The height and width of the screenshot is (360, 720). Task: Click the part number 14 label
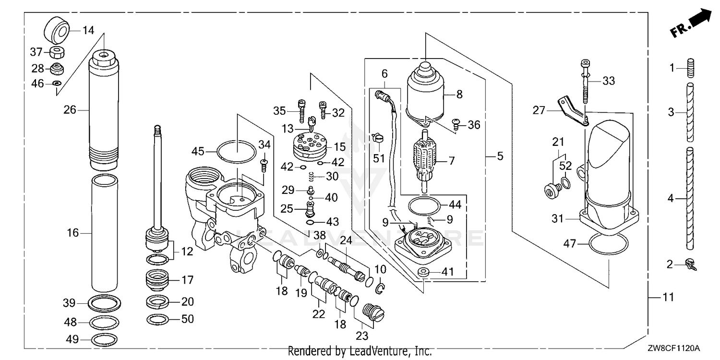[x=88, y=31]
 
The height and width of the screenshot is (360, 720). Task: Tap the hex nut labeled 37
[x=58, y=52]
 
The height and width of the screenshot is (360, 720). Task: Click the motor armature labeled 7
[x=424, y=160]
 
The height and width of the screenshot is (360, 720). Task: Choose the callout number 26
[x=70, y=110]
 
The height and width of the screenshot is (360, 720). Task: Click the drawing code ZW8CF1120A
[x=673, y=348]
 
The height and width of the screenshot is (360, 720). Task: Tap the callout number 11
[x=669, y=297]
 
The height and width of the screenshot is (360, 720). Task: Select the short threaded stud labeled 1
[x=690, y=68]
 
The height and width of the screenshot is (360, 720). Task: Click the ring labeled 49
[x=104, y=339]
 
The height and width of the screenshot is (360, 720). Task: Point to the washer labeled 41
[x=423, y=272]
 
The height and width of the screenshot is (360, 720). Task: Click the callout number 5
[x=500, y=156]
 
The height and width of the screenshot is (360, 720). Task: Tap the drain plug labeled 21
[x=553, y=190]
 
